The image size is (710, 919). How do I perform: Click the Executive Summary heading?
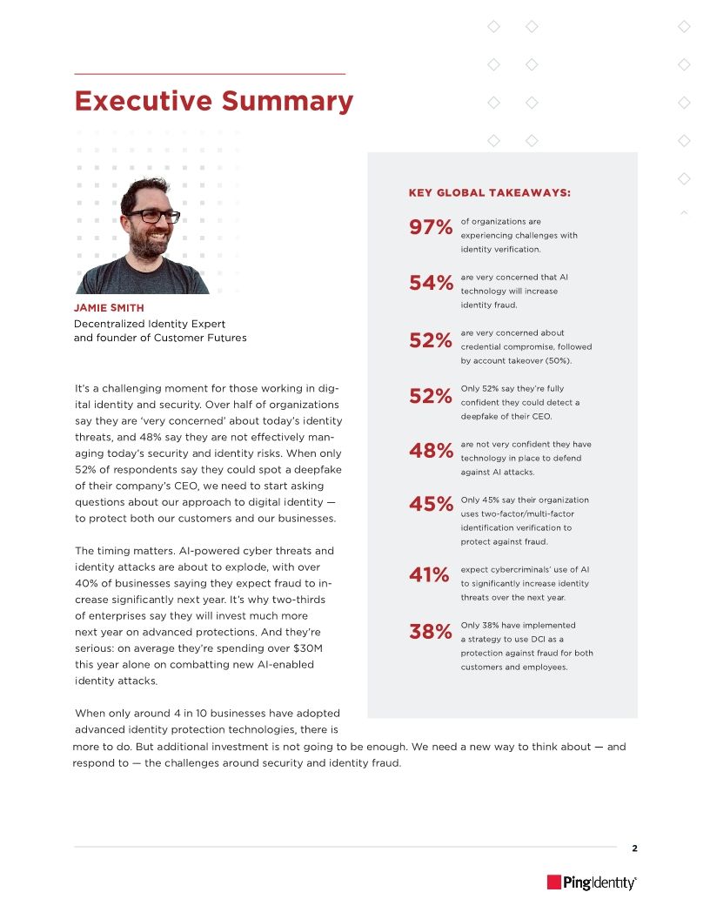(x=213, y=102)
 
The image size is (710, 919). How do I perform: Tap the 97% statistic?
(x=431, y=229)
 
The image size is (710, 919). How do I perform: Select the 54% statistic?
(x=431, y=284)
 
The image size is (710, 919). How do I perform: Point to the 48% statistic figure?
(x=431, y=452)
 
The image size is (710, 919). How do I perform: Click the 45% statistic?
(x=431, y=505)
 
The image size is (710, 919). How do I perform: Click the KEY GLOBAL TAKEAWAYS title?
(x=490, y=192)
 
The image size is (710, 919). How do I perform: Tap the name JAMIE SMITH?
(x=110, y=308)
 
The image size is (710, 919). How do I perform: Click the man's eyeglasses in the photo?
(x=153, y=215)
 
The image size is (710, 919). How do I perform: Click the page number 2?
(x=634, y=849)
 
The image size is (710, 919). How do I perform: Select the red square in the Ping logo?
(x=553, y=882)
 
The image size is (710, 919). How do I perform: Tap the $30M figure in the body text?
(x=301, y=649)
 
